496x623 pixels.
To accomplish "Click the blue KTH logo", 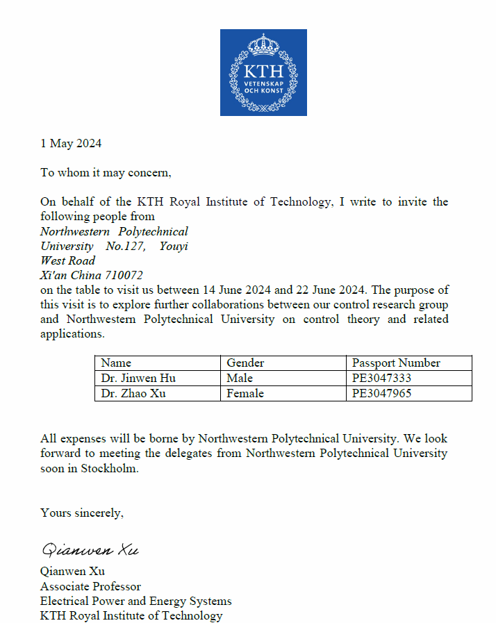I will click(263, 72).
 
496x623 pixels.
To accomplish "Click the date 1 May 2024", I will click(71, 144).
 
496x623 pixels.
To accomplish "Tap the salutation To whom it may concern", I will click(106, 172).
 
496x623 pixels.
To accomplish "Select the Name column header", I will click(116, 363).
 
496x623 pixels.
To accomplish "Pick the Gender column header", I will click(245, 363).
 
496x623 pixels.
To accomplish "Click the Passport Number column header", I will click(396, 363).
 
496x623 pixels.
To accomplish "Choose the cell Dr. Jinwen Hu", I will click(138, 379).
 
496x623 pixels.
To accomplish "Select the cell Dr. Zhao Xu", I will click(133, 394).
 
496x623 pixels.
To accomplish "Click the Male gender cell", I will click(240, 379).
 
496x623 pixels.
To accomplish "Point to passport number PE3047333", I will click(382, 379).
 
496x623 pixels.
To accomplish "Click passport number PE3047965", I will click(382, 394).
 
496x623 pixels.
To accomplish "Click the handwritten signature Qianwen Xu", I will click(90, 551).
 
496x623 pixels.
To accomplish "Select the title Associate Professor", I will click(90, 586).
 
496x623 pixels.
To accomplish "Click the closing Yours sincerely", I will click(82, 513).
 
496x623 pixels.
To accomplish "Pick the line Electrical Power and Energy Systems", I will click(136, 601).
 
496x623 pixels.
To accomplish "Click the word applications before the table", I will click(72, 333).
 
